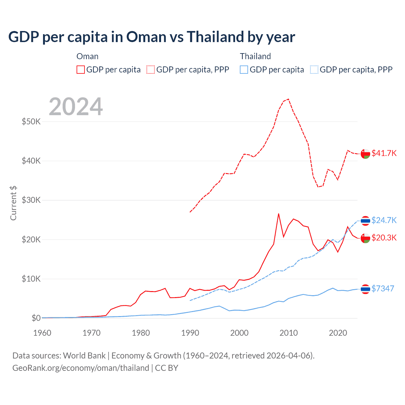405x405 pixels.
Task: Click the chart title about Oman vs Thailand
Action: coord(152,37)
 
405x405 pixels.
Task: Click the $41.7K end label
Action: coord(384,153)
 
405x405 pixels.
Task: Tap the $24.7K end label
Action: coord(384,220)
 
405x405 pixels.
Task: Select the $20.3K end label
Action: coord(384,238)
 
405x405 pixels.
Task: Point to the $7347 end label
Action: coord(383,289)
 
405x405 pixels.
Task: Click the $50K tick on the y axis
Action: coord(31,121)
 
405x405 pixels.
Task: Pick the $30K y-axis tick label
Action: coord(31,200)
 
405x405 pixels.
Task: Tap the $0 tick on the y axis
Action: coord(36,318)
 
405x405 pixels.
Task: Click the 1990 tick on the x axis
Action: coord(190,333)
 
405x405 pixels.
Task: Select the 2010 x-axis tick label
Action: coord(289,333)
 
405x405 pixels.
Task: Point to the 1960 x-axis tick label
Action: coord(42,333)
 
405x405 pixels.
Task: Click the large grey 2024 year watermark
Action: coord(76,107)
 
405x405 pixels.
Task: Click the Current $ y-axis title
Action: coord(13,203)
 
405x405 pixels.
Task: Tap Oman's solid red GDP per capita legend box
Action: coord(81,70)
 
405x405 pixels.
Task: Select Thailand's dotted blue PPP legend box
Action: coord(314,70)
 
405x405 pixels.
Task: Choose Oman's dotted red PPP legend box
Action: coord(151,70)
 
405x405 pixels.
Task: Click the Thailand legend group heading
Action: coord(255,56)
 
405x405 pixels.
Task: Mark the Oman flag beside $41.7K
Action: coord(365,153)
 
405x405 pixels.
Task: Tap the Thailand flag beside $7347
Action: coord(365,289)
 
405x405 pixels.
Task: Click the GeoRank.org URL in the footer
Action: coord(81,368)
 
